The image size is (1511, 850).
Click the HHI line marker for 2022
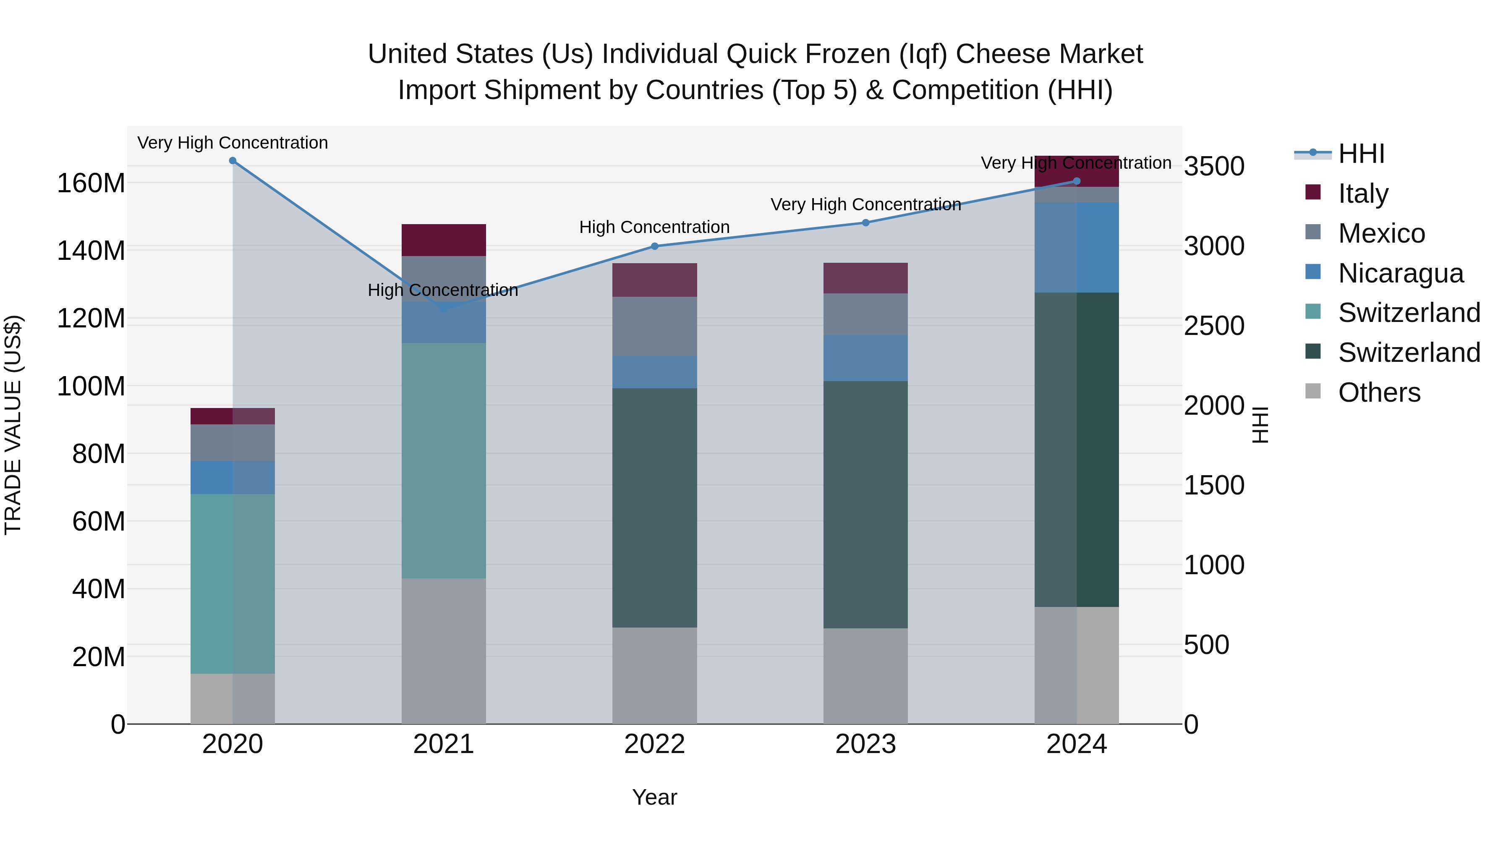click(655, 246)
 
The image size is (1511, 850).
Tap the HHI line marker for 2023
click(866, 222)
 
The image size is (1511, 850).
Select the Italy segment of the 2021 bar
click(444, 240)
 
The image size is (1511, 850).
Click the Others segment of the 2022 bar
click(655, 675)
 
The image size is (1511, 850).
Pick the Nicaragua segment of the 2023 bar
click(866, 358)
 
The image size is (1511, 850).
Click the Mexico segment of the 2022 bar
click(655, 326)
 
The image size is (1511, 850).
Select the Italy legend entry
click(1362, 193)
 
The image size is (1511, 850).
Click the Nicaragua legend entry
click(1400, 273)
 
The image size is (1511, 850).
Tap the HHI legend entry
click(1361, 154)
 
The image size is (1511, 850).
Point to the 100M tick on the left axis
click(91, 387)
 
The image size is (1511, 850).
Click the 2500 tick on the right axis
click(1213, 326)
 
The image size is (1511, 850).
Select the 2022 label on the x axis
click(655, 744)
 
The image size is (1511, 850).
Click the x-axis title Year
click(655, 797)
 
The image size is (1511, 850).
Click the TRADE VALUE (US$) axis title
click(13, 425)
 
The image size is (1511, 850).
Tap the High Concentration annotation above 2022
click(655, 227)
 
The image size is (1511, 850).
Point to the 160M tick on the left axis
click(91, 183)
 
